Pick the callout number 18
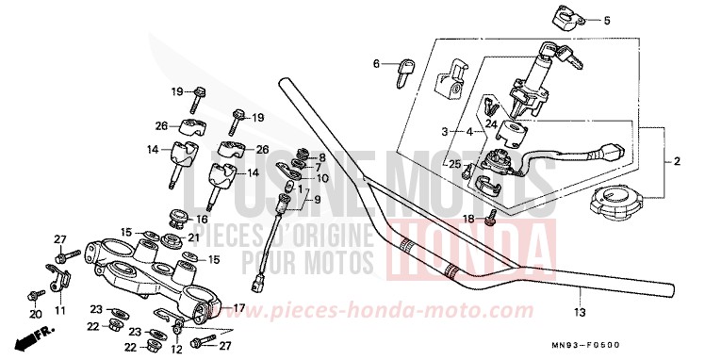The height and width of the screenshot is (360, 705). point(467,219)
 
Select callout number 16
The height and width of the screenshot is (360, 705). point(201,219)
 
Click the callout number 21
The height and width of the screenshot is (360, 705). point(193,237)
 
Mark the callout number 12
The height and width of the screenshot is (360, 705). point(177,350)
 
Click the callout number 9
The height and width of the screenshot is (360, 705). point(318,200)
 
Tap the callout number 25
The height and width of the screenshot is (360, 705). point(454,165)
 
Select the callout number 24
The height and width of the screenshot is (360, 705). point(490,123)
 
